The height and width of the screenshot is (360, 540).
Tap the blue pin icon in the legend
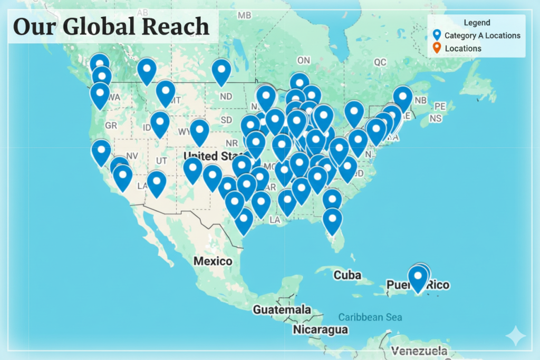coord(437,35)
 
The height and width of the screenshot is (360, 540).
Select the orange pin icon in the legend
coord(437,48)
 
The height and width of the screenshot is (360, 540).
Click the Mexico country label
coord(213,261)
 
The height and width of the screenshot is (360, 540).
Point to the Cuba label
coord(347,275)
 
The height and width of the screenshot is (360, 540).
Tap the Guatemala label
coord(281,309)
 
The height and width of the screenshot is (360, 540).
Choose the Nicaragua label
coord(321,330)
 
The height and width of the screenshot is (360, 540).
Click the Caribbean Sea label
coord(370,317)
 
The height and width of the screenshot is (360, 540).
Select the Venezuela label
coord(420,351)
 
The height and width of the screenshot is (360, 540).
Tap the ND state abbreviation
coord(226,96)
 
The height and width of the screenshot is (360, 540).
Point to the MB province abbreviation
coord(244,15)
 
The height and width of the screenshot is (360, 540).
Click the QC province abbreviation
coord(380,62)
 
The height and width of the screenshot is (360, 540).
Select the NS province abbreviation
coord(436,118)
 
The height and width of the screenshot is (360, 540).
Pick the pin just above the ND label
coord(221,71)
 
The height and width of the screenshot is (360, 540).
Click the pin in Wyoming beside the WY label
coord(199,131)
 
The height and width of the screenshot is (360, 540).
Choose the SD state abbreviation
coord(226,120)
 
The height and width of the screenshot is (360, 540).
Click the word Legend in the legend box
coord(477,23)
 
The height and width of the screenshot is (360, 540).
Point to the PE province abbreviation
coord(440,106)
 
